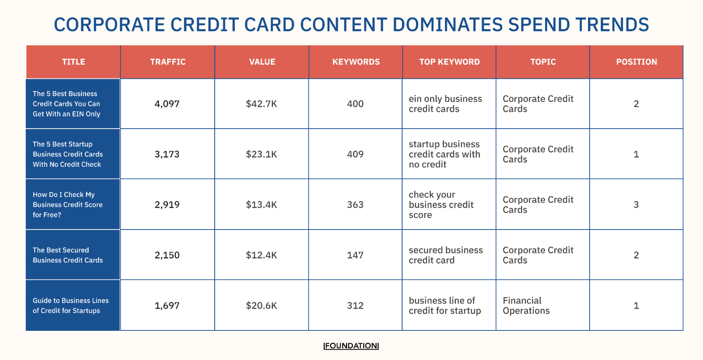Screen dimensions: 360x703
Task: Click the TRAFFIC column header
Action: coord(168,62)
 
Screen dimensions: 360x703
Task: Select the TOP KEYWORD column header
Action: coord(449,62)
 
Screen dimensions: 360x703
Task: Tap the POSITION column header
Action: coord(636,62)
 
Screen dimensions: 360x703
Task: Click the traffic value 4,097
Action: coord(167,104)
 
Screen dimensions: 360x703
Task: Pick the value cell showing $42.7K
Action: coord(261,104)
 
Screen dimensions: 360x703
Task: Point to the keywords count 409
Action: coord(355,154)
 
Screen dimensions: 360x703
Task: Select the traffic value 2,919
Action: coord(167,205)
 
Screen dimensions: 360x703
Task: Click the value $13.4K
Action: coord(261,205)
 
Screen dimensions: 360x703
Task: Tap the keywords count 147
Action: coord(355,255)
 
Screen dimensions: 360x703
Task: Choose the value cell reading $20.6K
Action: coord(261,306)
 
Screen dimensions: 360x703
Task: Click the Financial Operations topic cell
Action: coord(526,306)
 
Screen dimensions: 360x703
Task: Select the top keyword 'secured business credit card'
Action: coord(446,255)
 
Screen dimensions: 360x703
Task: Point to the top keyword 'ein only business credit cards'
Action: coord(445,104)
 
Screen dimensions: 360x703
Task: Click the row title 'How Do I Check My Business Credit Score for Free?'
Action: coord(68,205)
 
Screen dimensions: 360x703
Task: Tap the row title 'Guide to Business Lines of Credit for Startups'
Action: coord(71,306)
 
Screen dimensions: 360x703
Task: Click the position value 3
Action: coord(636,205)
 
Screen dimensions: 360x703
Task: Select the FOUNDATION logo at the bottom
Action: coord(351,346)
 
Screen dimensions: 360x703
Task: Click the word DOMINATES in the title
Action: coord(447,25)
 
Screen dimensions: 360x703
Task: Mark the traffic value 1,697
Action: coord(167,306)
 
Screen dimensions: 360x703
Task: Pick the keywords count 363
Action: coord(355,205)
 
